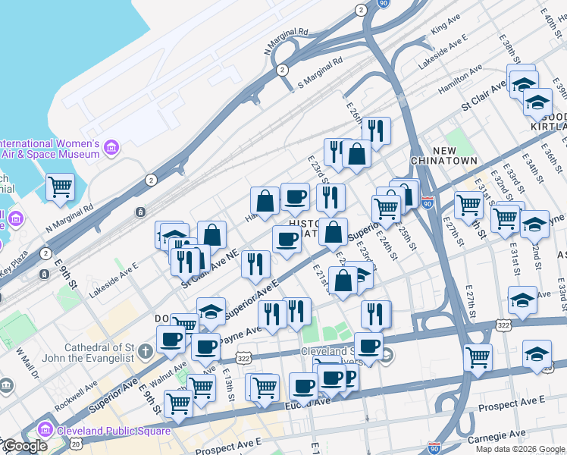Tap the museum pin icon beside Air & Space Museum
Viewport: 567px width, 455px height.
111,146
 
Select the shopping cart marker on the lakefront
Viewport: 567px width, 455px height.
61,187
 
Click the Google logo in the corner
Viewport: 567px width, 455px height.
25,446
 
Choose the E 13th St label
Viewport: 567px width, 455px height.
227,381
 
